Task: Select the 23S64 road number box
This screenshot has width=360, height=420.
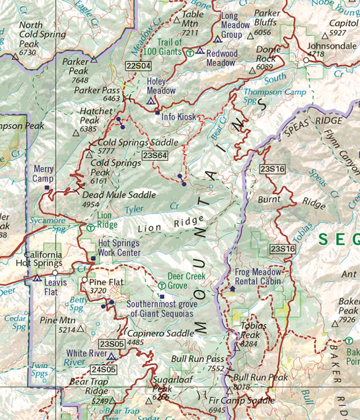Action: coord(154,155)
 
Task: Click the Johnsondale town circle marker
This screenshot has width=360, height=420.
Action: coord(306,60)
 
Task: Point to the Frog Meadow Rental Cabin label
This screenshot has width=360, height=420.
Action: coord(258,276)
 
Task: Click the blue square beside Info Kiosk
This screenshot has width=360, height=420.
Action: coord(157,112)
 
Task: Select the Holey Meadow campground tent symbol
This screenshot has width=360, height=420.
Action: coord(151,101)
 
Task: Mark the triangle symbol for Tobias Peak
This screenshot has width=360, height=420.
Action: coord(237,348)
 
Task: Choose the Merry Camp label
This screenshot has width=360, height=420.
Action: coord(43,174)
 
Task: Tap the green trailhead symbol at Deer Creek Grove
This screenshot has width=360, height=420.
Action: coord(162,286)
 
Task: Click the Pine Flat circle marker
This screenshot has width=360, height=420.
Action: coord(85,280)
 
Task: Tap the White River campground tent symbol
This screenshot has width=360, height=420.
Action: coord(111,356)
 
